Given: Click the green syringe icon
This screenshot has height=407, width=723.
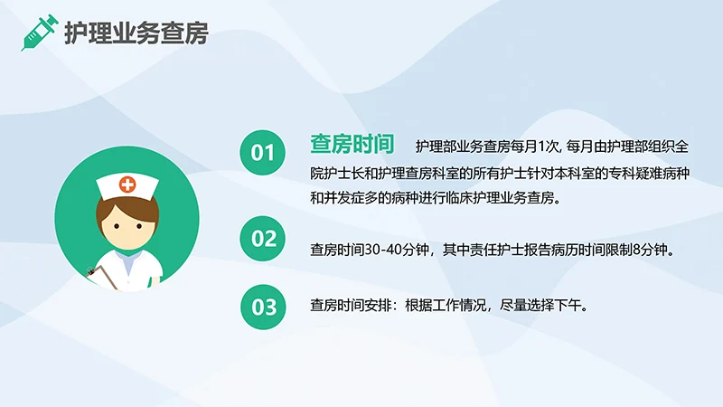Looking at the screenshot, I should click(x=38, y=33).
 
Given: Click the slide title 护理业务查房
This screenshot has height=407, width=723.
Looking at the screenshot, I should click(x=136, y=33).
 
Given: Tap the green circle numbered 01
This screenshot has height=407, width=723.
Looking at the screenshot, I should click(x=263, y=153).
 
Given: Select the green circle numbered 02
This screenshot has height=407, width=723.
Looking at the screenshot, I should click(x=263, y=239).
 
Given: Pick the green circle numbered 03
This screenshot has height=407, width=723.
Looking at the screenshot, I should click(x=263, y=307).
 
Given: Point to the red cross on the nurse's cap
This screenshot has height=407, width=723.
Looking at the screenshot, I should click(x=127, y=185).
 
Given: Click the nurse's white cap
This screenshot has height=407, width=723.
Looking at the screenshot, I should click(x=127, y=185).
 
